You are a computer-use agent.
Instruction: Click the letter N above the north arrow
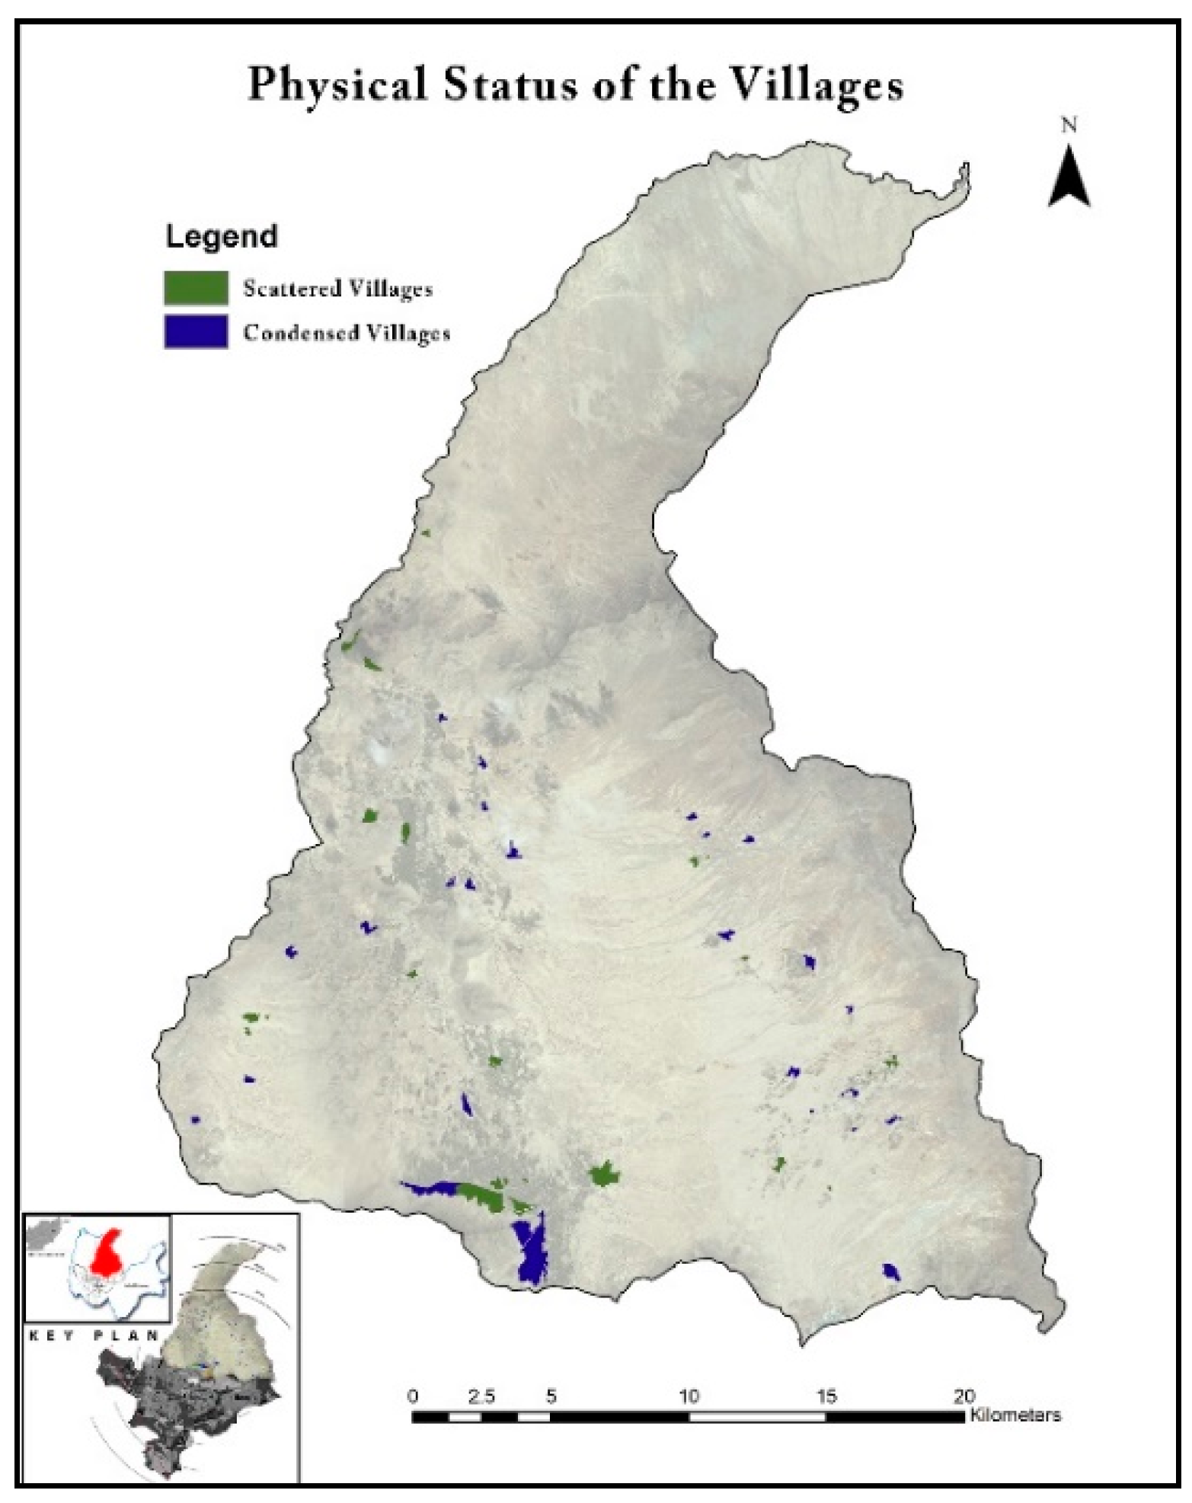[x=1069, y=125]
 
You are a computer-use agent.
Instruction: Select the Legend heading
[x=221, y=237]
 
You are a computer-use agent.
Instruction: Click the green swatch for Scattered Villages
[x=196, y=288]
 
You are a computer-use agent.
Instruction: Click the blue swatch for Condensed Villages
[x=196, y=331]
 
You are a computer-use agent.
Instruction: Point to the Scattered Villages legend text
[x=337, y=289]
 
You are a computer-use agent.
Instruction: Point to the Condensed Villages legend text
[x=347, y=333]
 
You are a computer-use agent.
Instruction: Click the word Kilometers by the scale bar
[x=1015, y=1415]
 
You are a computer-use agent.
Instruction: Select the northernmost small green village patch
[x=426, y=533]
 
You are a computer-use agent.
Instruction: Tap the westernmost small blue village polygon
[x=195, y=1119]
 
